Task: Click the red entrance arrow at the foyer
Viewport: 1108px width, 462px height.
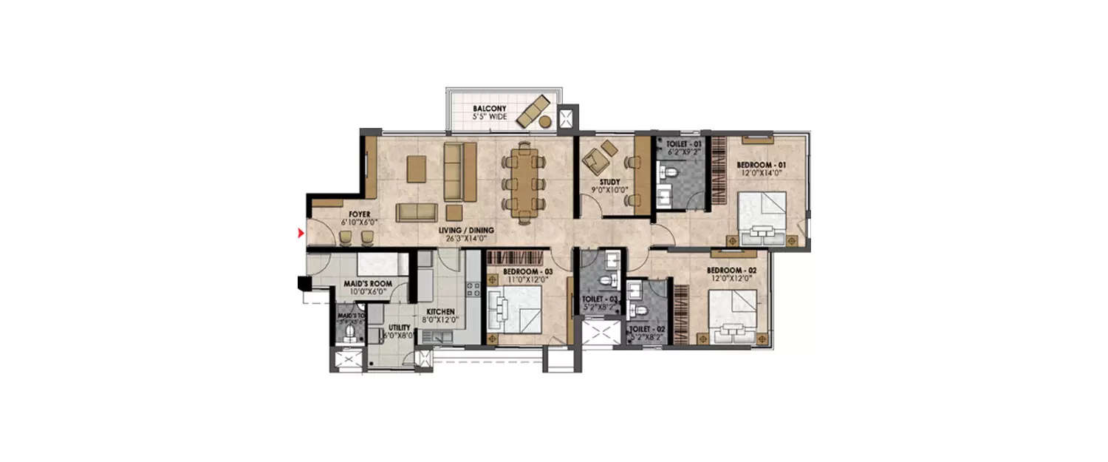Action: [300, 234]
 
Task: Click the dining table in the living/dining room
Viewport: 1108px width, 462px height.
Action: [524, 180]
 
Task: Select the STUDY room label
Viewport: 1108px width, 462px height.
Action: [610, 182]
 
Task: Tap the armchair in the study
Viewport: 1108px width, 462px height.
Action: [599, 156]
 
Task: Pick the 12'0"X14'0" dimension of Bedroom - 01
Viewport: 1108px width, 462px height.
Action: [761, 172]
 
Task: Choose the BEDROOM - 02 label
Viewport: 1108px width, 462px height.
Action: [731, 271]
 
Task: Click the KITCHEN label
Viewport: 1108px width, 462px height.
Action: [440, 312]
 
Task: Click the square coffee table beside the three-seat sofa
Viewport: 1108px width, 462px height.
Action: [417, 169]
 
